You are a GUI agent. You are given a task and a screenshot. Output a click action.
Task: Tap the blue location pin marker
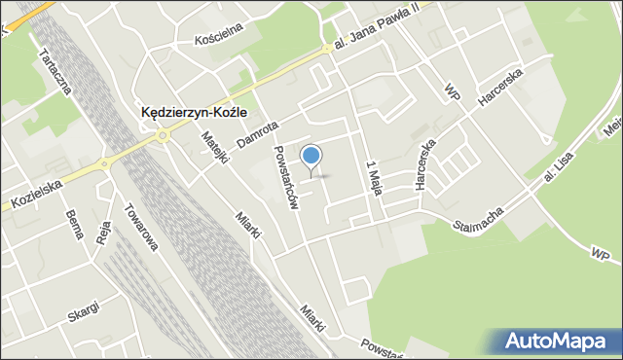click(x=311, y=157)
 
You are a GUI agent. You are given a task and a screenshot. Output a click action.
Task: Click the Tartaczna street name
click(x=53, y=73)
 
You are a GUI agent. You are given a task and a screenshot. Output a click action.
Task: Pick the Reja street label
click(x=105, y=235)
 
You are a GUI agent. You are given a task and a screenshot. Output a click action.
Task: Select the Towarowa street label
click(x=140, y=227)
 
